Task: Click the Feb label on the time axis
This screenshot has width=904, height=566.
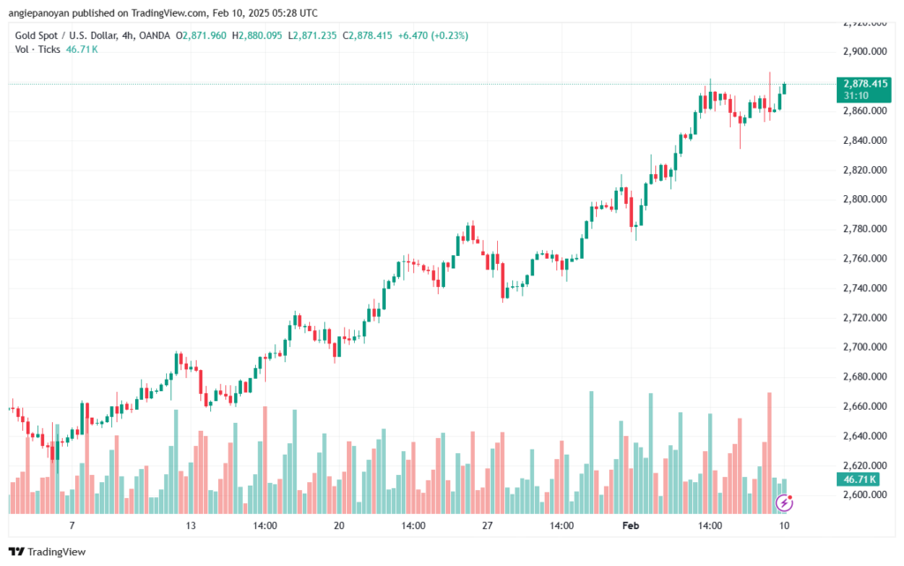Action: pyautogui.click(x=630, y=524)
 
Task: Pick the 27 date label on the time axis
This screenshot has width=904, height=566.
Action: pyautogui.click(x=486, y=524)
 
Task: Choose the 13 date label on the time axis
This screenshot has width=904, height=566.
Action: pyautogui.click(x=190, y=524)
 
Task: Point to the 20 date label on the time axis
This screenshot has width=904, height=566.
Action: pyautogui.click(x=338, y=524)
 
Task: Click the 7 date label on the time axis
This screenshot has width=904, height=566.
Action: pyautogui.click(x=72, y=524)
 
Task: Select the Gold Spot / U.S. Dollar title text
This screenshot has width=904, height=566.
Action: pyautogui.click(x=68, y=35)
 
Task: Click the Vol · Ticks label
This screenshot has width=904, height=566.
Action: pyautogui.click(x=38, y=49)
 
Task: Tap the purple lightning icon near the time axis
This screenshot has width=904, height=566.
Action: pyautogui.click(x=783, y=502)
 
